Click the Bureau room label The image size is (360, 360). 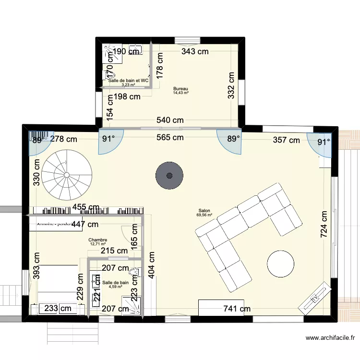click(x=180, y=89)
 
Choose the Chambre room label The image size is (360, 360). click(x=98, y=240)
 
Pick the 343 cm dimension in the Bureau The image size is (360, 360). click(x=195, y=52)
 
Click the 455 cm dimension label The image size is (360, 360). click(x=86, y=208)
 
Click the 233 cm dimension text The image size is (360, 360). click(x=59, y=309)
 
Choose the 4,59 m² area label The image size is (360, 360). click(x=115, y=287)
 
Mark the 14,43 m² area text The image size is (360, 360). click(x=180, y=93)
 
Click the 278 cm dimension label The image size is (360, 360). click(x=64, y=140)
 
